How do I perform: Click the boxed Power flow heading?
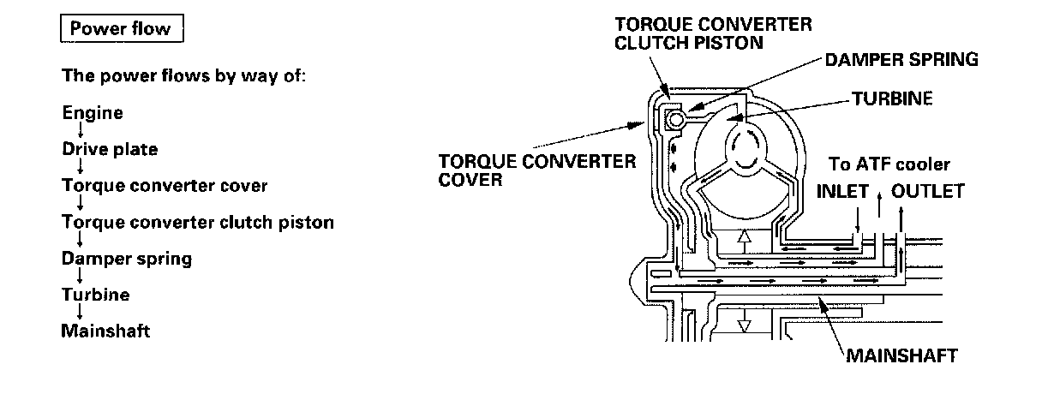pyautogui.click(x=121, y=29)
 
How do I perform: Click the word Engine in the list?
pyautogui.click(x=93, y=112)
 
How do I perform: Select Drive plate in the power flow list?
pyautogui.click(x=110, y=149)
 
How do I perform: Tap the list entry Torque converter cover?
pyautogui.click(x=165, y=185)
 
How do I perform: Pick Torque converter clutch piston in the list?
pyautogui.click(x=197, y=222)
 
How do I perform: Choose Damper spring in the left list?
pyautogui.click(x=126, y=258)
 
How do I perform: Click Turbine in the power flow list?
pyautogui.click(x=95, y=294)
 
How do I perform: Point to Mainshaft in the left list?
pyautogui.click(x=105, y=330)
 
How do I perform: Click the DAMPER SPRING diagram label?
pyautogui.click(x=900, y=59)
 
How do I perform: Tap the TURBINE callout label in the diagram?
pyautogui.click(x=891, y=98)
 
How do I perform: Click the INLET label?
pyautogui.click(x=842, y=190)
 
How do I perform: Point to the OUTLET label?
pyautogui.click(x=928, y=190)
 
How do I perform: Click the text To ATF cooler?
pyautogui.click(x=889, y=164)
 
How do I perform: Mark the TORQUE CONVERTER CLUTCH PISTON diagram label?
pyautogui.click(x=714, y=33)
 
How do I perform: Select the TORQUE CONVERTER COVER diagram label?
pyautogui.click(x=537, y=170)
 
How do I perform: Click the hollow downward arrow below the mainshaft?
pyautogui.click(x=744, y=324)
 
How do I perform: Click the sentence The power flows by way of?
pyautogui.click(x=183, y=75)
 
